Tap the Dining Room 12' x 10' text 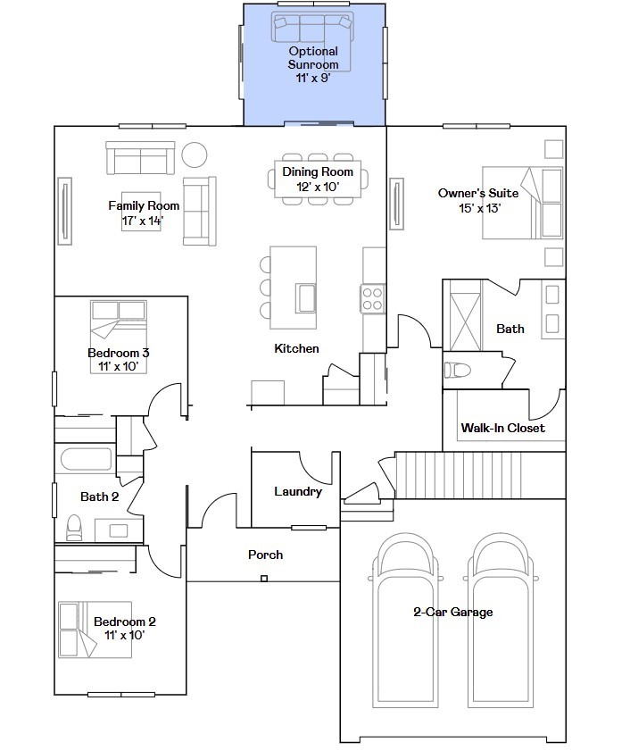tap(318, 179)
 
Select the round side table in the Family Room tap(195, 154)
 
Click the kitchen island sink tap(305, 298)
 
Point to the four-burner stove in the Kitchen tap(372, 299)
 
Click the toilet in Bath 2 tap(74, 528)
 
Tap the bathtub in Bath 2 tap(87, 459)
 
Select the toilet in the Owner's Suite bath tap(458, 370)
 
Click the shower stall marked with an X tap(465, 321)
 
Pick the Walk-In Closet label tap(502, 428)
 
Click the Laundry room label tap(298, 491)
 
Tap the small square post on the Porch tap(264, 579)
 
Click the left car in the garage tap(405, 621)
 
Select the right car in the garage tap(501, 621)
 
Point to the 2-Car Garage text tap(453, 612)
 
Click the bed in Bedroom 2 tap(95, 630)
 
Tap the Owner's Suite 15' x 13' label tap(478, 201)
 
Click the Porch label tap(265, 555)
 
